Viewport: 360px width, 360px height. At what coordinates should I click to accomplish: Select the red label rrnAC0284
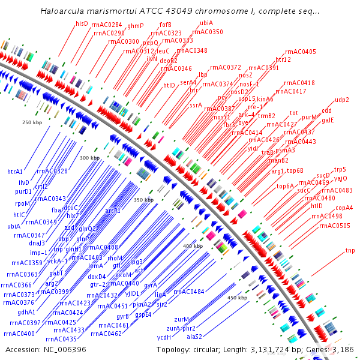(107, 25)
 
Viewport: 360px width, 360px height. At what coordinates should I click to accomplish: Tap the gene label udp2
(342, 100)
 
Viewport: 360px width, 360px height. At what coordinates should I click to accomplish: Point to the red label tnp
(350, 250)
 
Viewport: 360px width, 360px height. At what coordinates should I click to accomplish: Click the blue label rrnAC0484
(188, 292)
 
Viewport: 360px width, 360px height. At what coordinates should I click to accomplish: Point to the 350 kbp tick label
(144, 199)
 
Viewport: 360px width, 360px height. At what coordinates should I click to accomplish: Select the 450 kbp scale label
(237, 297)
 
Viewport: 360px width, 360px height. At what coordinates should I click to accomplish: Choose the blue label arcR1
(113, 211)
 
